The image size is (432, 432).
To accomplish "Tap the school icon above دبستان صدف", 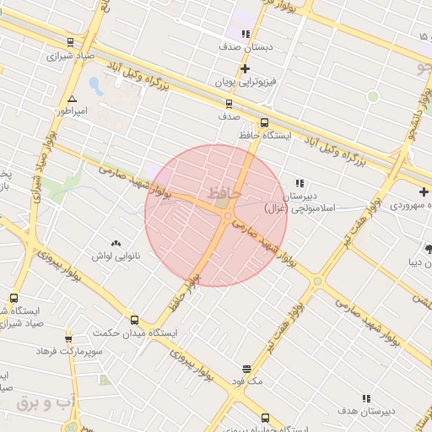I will click(x=246, y=34).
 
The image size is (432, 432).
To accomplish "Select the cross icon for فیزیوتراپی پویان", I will click(x=245, y=68).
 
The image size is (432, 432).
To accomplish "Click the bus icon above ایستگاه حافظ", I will click(x=265, y=122).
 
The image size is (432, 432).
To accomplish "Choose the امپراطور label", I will click(x=73, y=111).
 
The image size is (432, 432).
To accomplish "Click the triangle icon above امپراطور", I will click(x=72, y=98).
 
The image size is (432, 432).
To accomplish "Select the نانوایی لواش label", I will click(x=116, y=255).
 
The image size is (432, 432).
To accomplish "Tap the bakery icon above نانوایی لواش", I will click(x=116, y=242).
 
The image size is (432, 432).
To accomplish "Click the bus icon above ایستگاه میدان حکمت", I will click(x=135, y=320).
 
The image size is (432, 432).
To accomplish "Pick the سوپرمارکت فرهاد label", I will click(x=71, y=350).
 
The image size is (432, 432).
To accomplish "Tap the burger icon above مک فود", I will click(x=246, y=369).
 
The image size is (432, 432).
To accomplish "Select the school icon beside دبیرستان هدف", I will click(x=366, y=398).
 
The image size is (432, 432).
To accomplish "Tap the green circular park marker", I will click(x=373, y=97).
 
